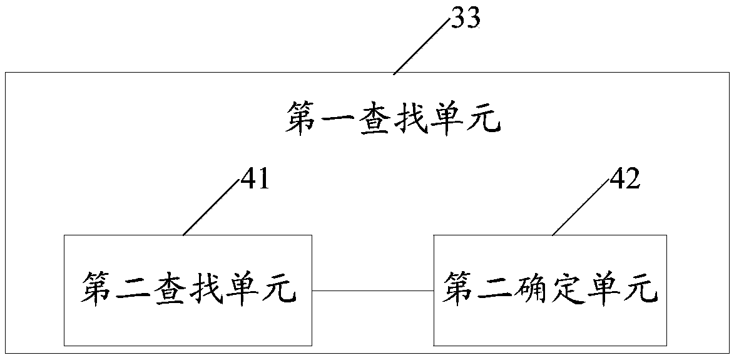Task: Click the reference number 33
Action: [466, 18]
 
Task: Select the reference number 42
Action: [624, 180]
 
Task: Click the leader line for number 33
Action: [422, 46]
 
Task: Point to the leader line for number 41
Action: [212, 207]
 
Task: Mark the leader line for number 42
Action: [581, 207]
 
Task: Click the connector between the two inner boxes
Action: [373, 291]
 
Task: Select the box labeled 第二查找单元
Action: [188, 291]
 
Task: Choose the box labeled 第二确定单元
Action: [551, 291]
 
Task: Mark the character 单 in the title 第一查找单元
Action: [448, 118]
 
